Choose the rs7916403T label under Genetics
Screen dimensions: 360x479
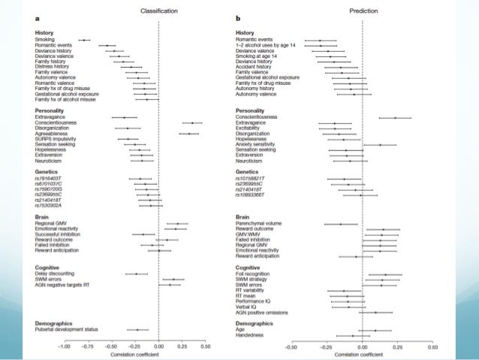[50, 180]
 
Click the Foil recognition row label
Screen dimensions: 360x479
[255, 274]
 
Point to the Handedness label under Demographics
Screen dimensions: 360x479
[252, 335]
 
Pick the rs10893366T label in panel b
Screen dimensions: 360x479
[254, 195]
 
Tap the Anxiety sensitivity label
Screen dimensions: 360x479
[256, 144]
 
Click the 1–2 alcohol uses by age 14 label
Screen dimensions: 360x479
[266, 45]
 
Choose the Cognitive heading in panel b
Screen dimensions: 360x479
[249, 268]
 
